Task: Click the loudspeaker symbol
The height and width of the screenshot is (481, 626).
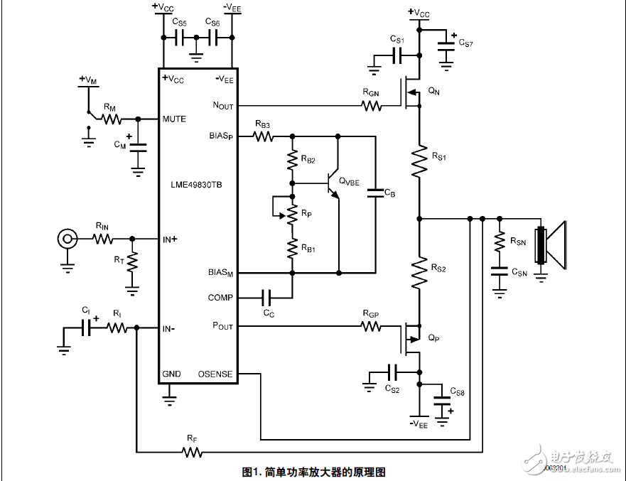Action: [x=552, y=245]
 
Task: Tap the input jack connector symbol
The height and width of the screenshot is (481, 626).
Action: [x=68, y=239]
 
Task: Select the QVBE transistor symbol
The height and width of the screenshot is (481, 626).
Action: [x=333, y=183]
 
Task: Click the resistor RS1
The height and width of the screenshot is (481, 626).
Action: [x=420, y=162]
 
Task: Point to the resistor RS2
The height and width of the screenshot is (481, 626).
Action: [x=420, y=272]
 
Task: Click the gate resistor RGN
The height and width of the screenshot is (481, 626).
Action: [x=370, y=106]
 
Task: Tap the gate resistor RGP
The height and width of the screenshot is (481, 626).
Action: [x=370, y=327]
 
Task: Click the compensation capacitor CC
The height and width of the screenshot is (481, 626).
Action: [x=269, y=298]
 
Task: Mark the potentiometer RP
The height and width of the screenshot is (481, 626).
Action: [x=291, y=214]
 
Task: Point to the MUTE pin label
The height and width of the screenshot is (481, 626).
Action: [x=174, y=119]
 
